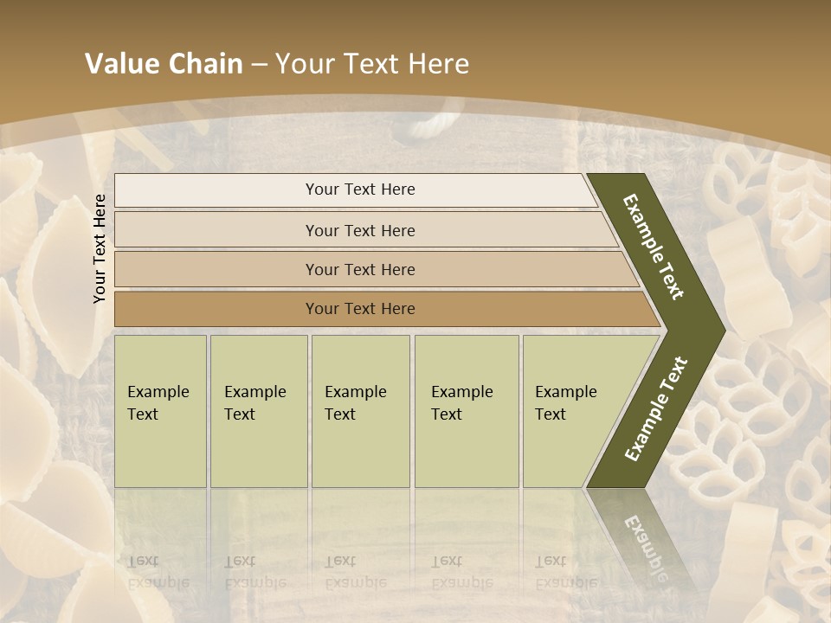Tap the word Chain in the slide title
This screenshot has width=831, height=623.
click(205, 64)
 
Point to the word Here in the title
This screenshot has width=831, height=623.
click(438, 64)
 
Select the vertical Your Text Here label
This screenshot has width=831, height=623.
click(100, 248)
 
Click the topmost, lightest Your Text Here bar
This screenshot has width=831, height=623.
click(360, 189)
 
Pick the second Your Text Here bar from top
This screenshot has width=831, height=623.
click(360, 230)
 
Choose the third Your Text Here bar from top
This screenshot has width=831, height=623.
click(360, 269)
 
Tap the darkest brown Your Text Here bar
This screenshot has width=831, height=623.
click(360, 309)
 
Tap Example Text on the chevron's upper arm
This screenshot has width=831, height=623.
click(654, 247)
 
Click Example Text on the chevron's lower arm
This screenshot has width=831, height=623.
click(655, 409)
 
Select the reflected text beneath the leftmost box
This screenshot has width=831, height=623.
click(158, 572)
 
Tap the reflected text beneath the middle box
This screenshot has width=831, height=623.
click(355, 572)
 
